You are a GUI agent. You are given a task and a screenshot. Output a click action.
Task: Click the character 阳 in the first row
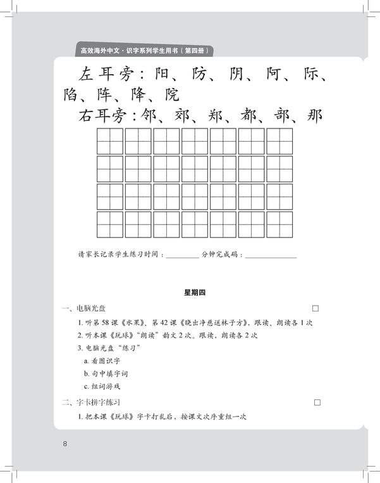coord(165,75)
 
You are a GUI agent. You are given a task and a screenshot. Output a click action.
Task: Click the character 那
coord(314,116)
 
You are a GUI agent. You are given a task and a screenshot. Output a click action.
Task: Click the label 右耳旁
coord(101,116)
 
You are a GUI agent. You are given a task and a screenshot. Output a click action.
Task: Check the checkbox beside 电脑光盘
coord(316,308)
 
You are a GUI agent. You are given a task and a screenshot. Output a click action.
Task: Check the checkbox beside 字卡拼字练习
coord(317,403)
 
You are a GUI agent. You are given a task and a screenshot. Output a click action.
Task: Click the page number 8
coord(64,443)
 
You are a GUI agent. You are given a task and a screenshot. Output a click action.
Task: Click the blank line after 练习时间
coord(183,255)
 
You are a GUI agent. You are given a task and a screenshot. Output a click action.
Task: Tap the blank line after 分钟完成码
coord(271,255)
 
